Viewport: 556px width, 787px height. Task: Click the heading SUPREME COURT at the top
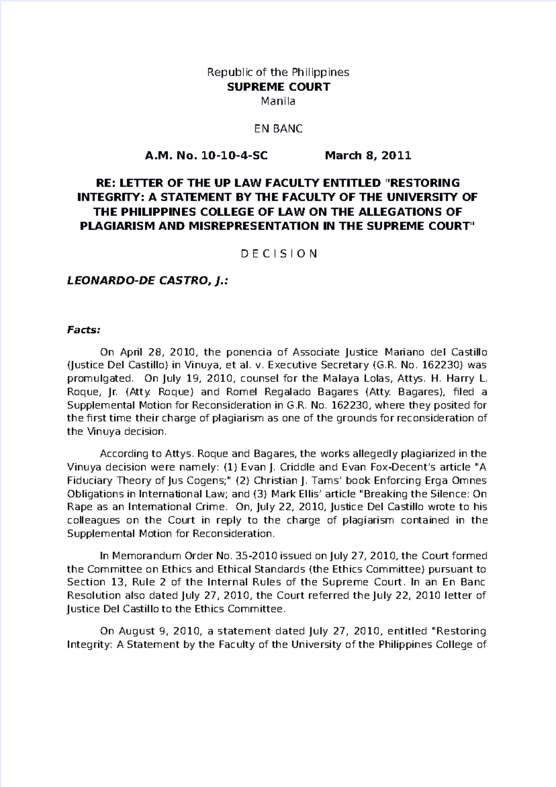pos(278,87)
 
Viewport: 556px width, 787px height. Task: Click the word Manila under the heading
pos(278,101)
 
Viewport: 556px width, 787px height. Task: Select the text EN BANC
pos(278,128)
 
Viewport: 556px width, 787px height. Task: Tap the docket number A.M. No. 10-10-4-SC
pos(206,155)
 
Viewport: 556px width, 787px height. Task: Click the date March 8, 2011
pos(368,155)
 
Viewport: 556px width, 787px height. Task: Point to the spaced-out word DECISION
pos(278,254)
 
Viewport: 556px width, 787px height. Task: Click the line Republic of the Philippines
pos(278,72)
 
